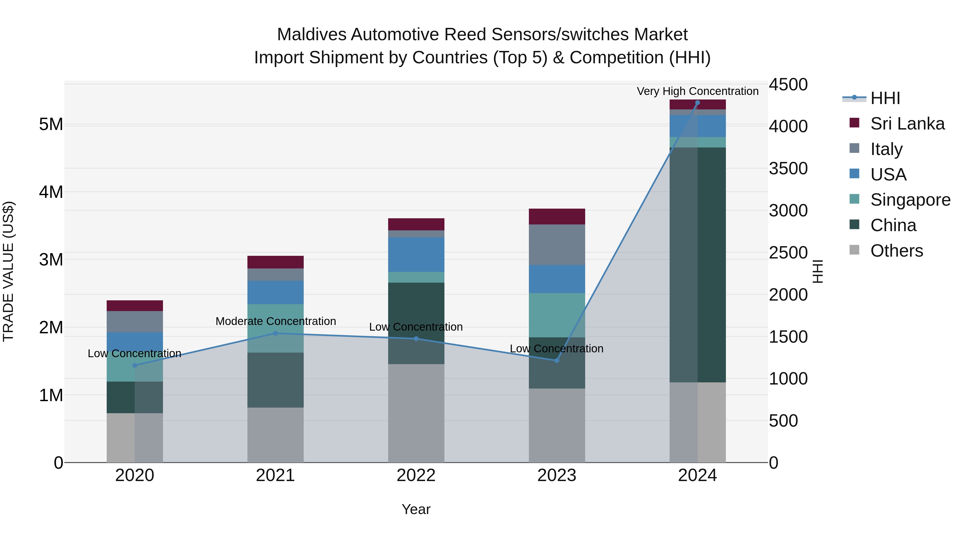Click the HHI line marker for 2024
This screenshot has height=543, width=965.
pos(697,103)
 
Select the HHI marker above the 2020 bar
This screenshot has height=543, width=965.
pos(135,365)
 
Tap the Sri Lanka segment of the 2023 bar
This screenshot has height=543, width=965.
pos(557,217)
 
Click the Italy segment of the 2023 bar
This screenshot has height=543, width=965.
pos(557,245)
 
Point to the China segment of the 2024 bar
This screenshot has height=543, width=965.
pos(697,265)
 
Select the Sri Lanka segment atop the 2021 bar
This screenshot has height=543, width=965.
pos(275,262)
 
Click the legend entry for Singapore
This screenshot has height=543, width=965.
pos(910,200)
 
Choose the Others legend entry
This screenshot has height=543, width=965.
pos(896,251)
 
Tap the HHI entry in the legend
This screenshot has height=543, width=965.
pos(885,98)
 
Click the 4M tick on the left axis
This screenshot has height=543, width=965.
pos(51,192)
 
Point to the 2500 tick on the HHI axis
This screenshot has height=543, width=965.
pos(788,253)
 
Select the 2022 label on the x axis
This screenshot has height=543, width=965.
pos(416,475)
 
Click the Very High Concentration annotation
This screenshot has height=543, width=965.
pos(697,91)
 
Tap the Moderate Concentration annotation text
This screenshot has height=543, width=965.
pos(276,321)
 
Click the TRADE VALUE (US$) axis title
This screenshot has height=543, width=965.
pos(8,271)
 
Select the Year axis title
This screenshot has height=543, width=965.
pos(416,509)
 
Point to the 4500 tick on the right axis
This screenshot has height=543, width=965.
pos(788,85)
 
